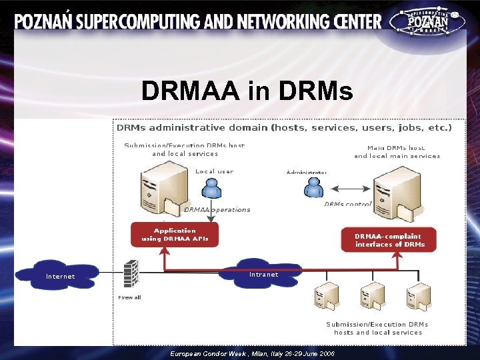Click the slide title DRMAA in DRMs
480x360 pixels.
(247, 91)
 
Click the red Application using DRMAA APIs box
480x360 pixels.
(175, 234)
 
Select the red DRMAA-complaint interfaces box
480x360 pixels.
(389, 240)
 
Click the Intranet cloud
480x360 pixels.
(264, 274)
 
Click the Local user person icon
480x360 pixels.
(212, 189)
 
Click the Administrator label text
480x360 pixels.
(307, 173)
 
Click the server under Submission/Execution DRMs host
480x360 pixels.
(160, 191)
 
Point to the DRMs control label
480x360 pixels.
(348, 204)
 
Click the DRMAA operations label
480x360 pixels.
(217, 209)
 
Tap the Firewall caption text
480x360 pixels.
(129, 297)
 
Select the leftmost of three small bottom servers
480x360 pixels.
(327, 297)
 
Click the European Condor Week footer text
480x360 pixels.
(253, 353)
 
